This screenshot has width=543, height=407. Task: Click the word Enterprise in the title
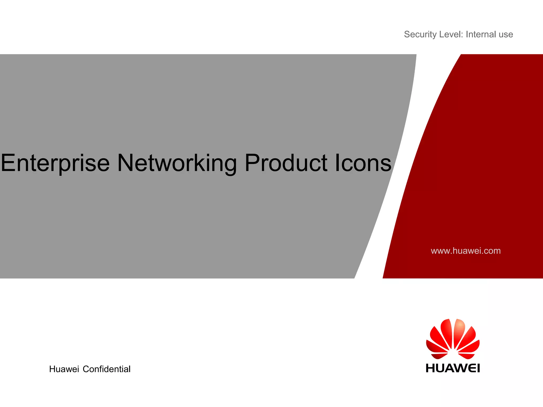pos(55,163)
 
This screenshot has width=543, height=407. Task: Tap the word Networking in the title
pos(177,163)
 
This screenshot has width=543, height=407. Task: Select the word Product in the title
pos(286,163)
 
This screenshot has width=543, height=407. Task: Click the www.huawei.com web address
pos(466,251)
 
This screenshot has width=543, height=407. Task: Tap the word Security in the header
pos(420,34)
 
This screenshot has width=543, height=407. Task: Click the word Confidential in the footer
pos(107,369)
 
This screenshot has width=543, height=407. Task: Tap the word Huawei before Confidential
pos(64,369)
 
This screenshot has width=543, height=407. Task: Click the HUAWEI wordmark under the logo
pos(453,368)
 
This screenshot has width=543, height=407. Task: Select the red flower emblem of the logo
pos(453,339)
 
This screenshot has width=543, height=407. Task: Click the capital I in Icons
pos(337,163)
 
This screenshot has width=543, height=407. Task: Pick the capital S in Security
pos(407,34)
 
